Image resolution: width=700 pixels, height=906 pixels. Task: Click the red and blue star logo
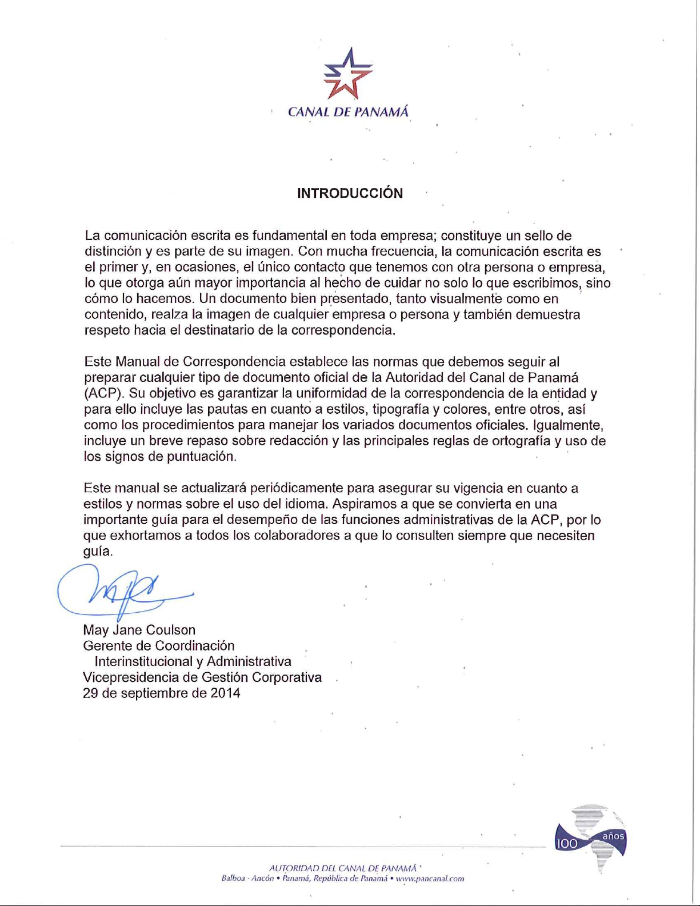pos(348,74)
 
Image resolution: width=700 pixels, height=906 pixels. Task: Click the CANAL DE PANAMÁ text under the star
pos(348,112)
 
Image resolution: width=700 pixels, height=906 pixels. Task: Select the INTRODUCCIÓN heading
pos(350,193)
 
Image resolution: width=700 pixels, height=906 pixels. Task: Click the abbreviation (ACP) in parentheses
pos(104,394)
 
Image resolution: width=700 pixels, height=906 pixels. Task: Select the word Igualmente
pos(567,425)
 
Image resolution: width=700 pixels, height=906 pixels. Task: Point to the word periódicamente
pos(297,488)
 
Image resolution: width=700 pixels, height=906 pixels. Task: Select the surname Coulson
pos(171,630)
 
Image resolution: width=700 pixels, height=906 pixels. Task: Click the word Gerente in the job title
pos(105,646)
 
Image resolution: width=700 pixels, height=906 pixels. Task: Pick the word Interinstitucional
pos(143,661)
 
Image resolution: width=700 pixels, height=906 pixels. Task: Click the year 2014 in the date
pos(225,693)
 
